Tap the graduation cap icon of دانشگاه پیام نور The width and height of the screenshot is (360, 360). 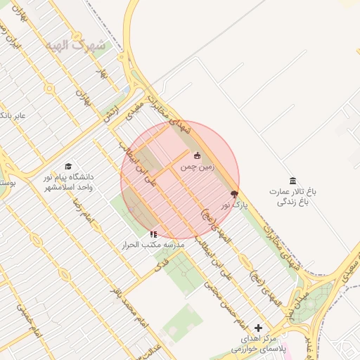click(x=68, y=167)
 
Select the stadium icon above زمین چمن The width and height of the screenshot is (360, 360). click(x=197, y=156)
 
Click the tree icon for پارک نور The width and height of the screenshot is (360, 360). click(x=234, y=194)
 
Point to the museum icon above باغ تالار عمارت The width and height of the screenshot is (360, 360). click(x=292, y=181)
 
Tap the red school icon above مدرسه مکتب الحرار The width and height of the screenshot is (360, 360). click(x=154, y=233)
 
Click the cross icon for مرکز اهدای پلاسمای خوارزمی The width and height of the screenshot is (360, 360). click(x=259, y=328)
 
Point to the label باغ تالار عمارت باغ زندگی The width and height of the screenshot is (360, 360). click(x=292, y=196)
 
